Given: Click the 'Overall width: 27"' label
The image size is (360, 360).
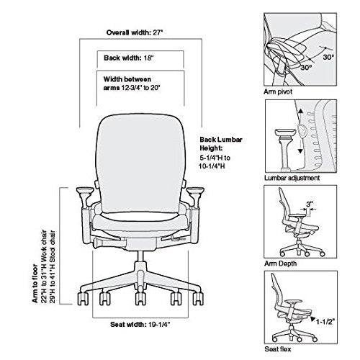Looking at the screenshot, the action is (135, 32).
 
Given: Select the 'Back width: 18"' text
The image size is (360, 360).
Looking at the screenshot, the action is (129, 58).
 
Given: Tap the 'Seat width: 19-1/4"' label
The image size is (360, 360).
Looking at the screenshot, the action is (140, 325).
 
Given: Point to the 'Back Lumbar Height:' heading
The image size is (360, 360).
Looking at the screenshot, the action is (221, 144).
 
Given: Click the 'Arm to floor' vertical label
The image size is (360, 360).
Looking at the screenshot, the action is (35, 283).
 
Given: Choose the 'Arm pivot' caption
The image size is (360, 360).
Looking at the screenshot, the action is (278, 91).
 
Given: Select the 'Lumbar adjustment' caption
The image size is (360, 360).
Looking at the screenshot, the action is (292, 178).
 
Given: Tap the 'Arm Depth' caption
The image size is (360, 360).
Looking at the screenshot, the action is (280, 264).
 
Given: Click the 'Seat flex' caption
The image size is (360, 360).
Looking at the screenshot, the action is (278, 348).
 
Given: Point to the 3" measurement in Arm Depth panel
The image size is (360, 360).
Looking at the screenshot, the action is (310, 204).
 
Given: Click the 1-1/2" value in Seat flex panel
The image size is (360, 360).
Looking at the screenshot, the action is (325, 321).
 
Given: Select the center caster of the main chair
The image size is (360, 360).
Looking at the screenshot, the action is (140, 298).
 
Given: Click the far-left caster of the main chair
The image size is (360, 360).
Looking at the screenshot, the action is (83, 299).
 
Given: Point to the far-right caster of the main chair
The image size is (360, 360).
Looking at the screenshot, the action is (198, 299).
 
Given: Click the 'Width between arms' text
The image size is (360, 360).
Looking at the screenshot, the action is (127, 79).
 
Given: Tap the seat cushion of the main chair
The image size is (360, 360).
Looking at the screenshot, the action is (140, 222).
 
